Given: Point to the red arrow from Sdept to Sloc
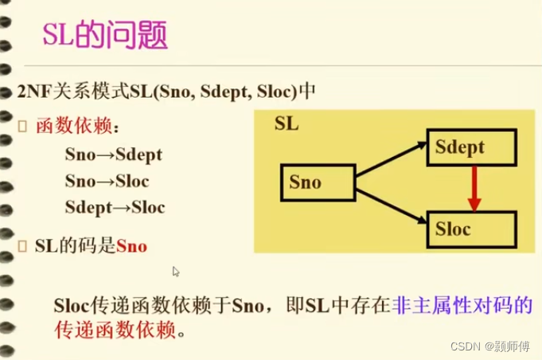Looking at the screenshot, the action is point(474,189).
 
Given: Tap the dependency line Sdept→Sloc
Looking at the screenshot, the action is point(115,208).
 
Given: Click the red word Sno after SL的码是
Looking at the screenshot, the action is point(131,246).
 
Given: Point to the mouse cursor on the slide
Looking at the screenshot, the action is point(175,271).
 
